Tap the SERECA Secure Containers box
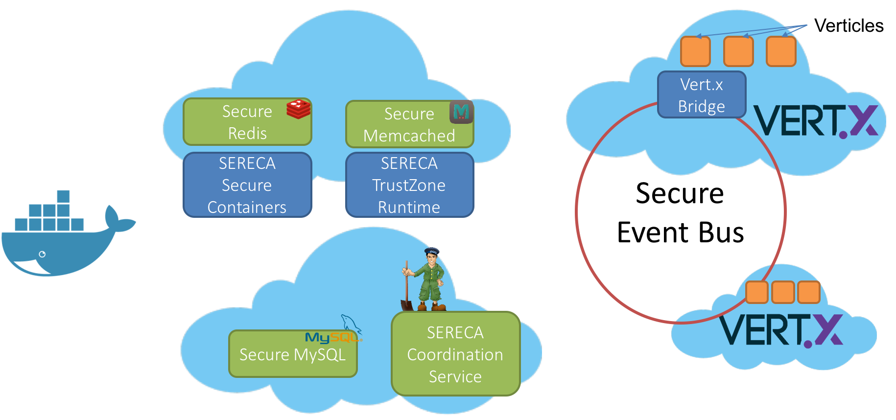click(247, 185)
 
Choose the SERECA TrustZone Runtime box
click(409, 185)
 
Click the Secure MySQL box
click(293, 354)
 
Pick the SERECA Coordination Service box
click(455, 354)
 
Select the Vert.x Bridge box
click(701, 95)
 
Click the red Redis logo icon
click(298, 109)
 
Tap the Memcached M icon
click(461, 112)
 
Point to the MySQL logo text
click(330, 337)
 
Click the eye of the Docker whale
click(42, 254)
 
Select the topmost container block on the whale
click(63, 196)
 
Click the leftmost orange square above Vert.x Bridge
click(695, 51)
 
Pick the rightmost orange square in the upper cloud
click(781, 51)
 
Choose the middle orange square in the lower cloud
click(783, 292)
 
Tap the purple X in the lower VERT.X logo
click(828, 330)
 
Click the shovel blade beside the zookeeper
click(407, 304)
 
